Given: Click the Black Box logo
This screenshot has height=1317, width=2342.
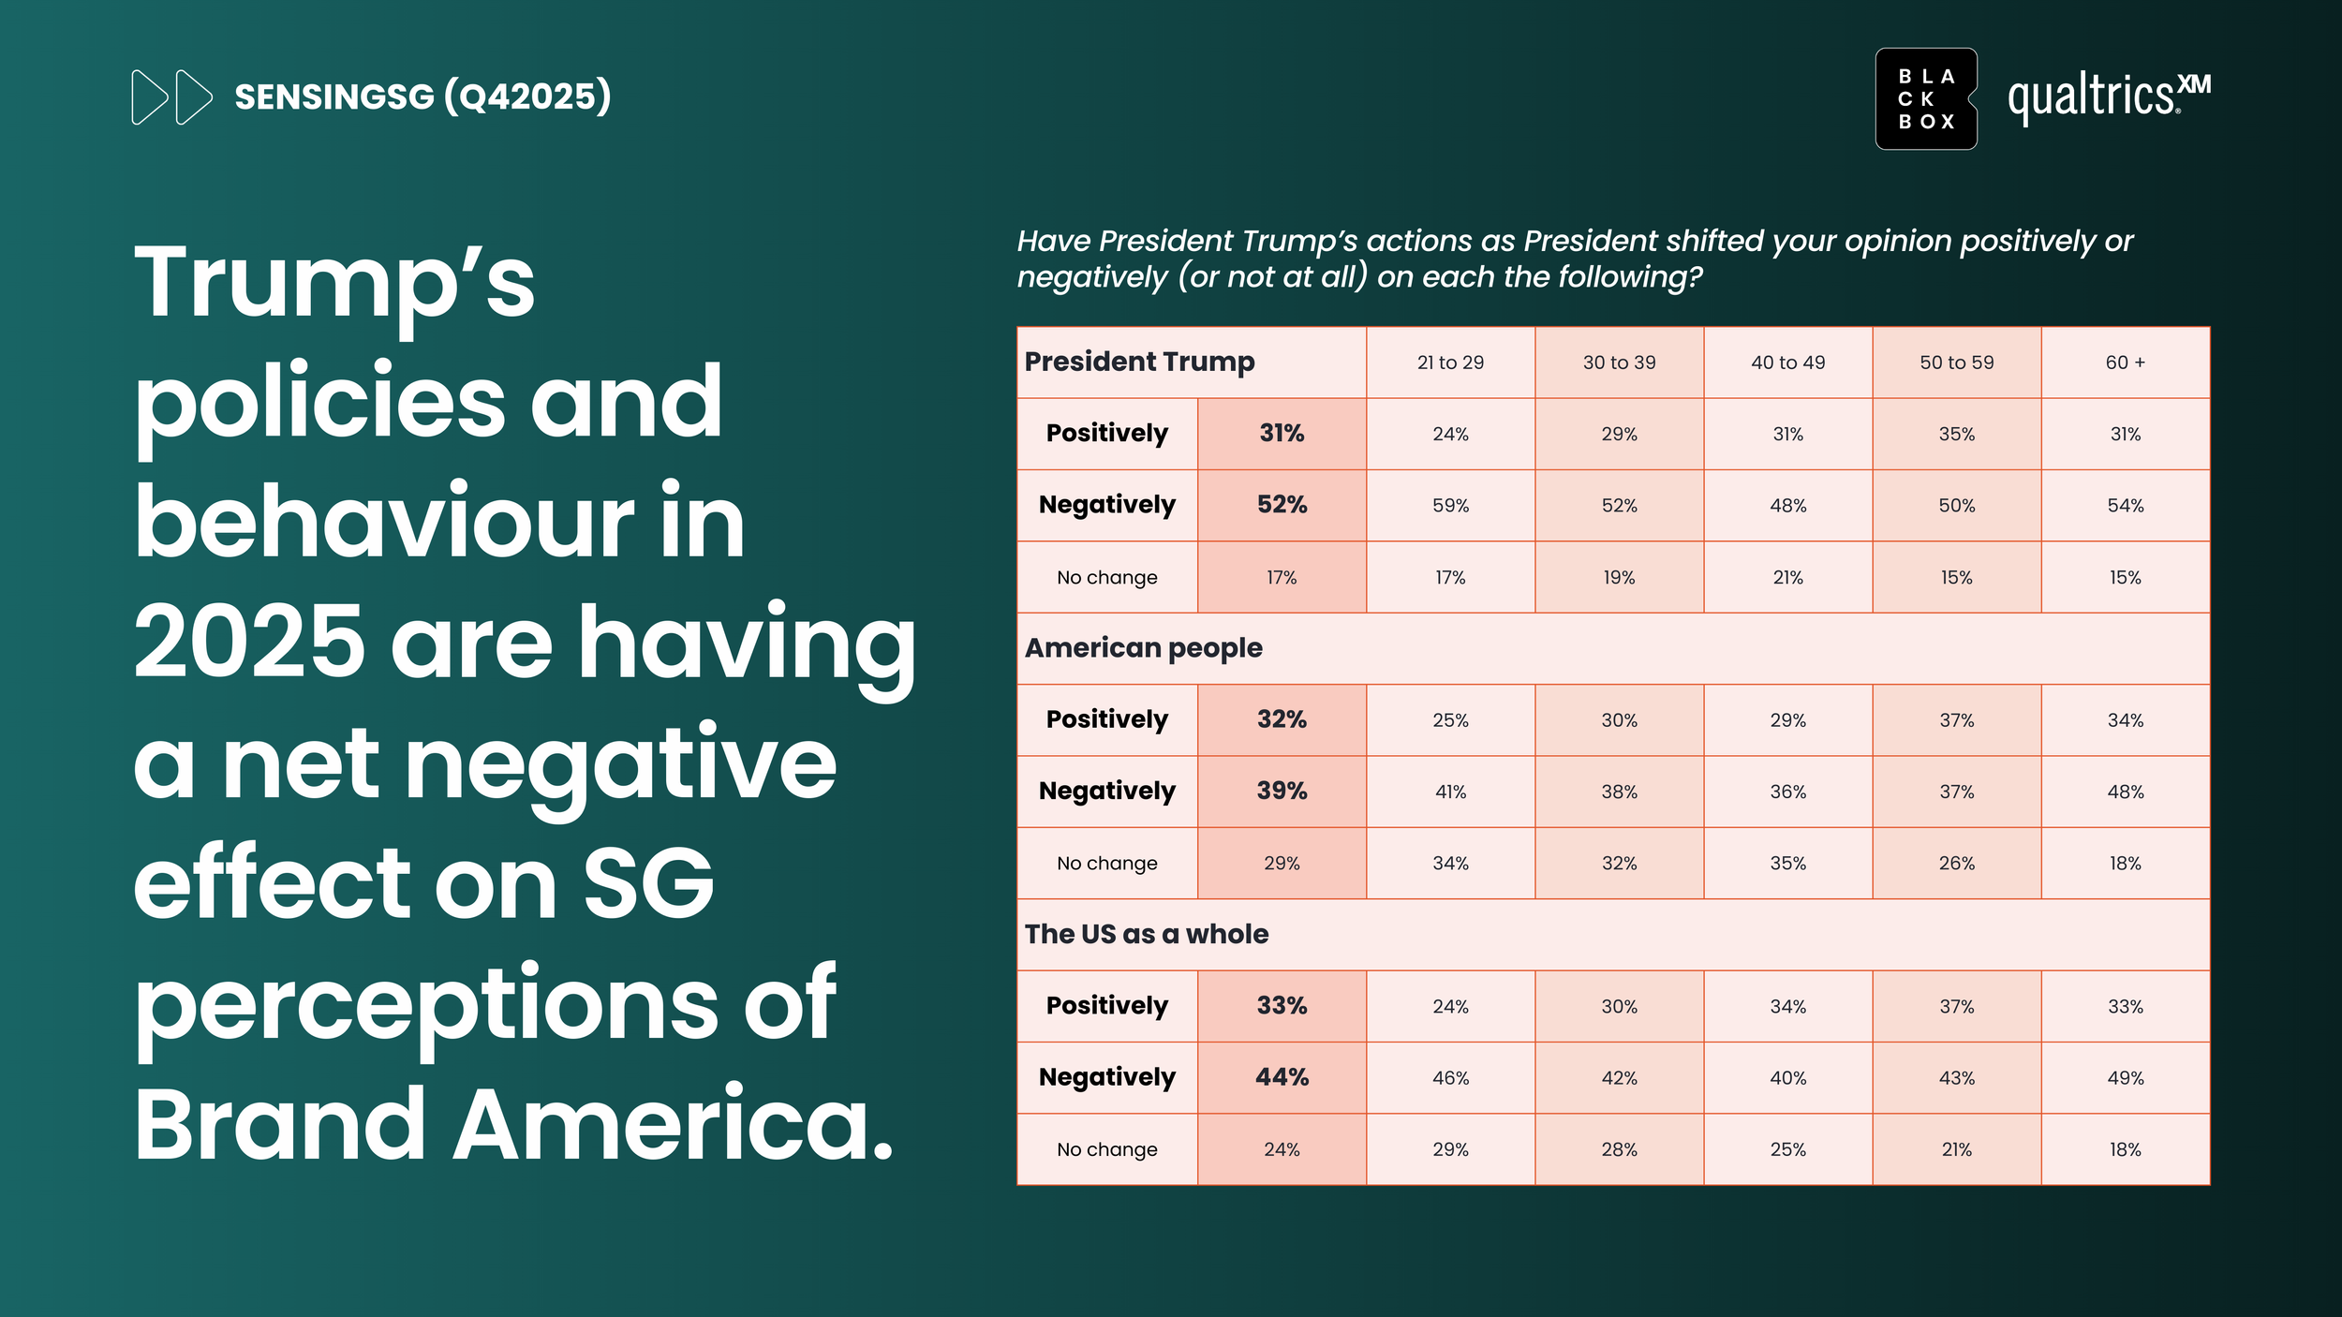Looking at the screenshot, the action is [1926, 98].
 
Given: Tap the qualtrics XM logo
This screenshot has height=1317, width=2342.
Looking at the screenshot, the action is [2109, 97].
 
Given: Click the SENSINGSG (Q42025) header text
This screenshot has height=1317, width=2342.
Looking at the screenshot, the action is [422, 96].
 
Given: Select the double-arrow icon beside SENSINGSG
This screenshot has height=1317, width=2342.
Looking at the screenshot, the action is [172, 96].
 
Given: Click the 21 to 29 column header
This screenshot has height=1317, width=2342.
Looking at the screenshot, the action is [1450, 363].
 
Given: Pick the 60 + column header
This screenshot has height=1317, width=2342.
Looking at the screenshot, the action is [2125, 363].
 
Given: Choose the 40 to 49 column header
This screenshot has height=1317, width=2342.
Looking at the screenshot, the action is [1787, 363].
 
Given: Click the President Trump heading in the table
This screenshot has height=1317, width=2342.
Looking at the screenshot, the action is [1139, 362].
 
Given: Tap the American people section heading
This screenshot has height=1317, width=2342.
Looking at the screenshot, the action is [1143, 648].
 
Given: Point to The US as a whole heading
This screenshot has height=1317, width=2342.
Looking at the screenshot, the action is [1147, 934].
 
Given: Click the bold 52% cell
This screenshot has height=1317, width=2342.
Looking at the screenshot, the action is [1282, 505].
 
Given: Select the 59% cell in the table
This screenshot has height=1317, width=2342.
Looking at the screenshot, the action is [1450, 506].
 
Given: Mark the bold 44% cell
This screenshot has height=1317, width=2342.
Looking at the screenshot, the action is [1282, 1077].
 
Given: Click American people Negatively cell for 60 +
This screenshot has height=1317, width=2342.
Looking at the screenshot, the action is [2125, 792].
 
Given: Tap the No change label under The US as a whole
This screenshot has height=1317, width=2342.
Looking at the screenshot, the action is [1107, 1149].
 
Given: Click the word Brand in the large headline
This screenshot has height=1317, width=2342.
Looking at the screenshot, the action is [280, 1124].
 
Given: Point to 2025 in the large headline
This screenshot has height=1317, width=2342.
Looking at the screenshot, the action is [249, 643].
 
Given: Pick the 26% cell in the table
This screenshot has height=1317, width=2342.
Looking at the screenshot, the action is [1956, 864].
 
